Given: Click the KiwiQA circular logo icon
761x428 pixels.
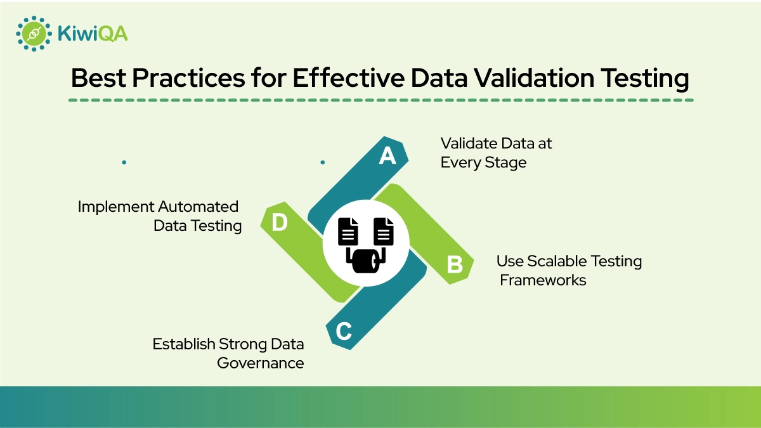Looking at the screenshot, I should pos(33,33).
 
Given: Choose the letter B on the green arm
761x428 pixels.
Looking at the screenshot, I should pos(455,264).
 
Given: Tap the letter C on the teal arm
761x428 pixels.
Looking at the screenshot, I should pos(343,331).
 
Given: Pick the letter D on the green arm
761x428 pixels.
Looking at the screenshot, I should pos(280,224).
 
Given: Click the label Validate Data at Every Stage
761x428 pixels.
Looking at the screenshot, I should pos(496,153).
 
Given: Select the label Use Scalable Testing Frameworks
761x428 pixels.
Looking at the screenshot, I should pos(568,270).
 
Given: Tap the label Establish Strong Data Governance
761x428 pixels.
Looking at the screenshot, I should pos(228,353).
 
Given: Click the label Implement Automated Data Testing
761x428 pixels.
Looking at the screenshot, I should pos(159,216).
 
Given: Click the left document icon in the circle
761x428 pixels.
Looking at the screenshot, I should pos(348,233).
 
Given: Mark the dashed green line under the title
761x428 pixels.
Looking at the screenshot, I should pos(380,100).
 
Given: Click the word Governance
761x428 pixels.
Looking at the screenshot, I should pos(260,363).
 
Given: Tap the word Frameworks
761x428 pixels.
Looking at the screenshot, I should pos(543,280).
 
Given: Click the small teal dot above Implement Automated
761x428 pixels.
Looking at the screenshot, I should pos(124,162).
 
